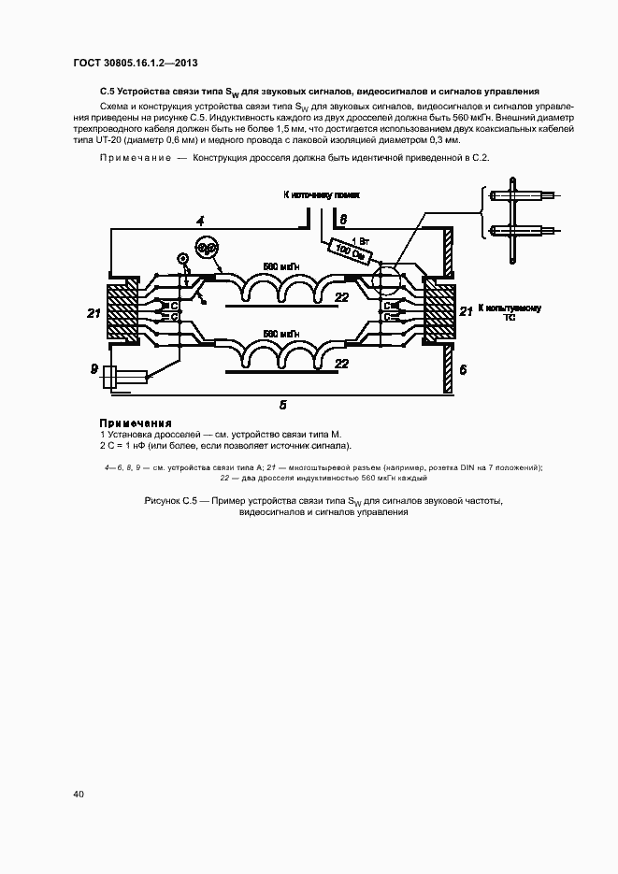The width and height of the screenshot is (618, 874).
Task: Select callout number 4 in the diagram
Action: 199,221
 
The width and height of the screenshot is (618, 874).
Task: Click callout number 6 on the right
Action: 462,369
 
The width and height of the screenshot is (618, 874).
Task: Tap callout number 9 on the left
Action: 94,369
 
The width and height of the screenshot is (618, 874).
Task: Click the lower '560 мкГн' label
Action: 281,334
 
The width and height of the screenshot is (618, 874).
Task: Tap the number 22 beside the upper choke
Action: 342,296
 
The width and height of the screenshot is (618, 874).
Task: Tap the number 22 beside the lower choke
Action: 342,363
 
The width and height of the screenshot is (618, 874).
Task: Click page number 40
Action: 79,794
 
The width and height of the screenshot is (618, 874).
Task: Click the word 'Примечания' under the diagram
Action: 136,423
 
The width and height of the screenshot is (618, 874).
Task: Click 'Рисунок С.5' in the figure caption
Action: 168,502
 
